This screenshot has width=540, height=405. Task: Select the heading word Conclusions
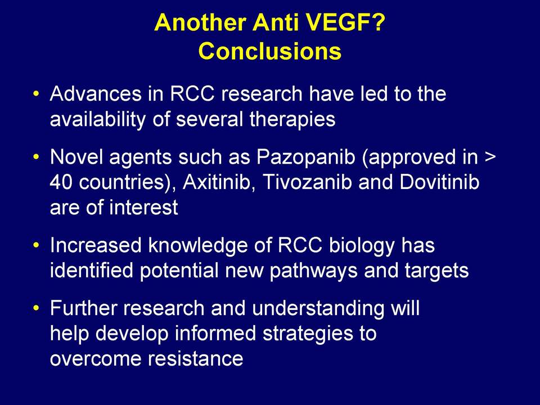tap(270, 51)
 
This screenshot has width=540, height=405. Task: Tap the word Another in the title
tap(200, 22)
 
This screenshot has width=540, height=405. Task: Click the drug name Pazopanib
tap(306, 157)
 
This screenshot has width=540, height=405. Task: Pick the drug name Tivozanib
tap(307, 182)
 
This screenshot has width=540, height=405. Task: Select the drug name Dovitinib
tap(439, 182)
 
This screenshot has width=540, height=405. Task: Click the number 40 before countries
tap(61, 182)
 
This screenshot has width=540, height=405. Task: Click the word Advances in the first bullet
tap(96, 94)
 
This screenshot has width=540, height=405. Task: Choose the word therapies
tap(292, 119)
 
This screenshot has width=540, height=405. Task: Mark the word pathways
tap(313, 271)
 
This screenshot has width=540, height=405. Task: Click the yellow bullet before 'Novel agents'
tap(36, 157)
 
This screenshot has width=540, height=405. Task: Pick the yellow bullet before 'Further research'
tap(36, 308)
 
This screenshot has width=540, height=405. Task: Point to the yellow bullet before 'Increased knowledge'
tap(36, 246)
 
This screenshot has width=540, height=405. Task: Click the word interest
tap(143, 208)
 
